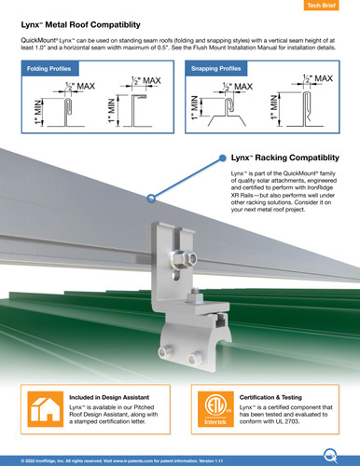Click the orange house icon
(44, 410)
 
